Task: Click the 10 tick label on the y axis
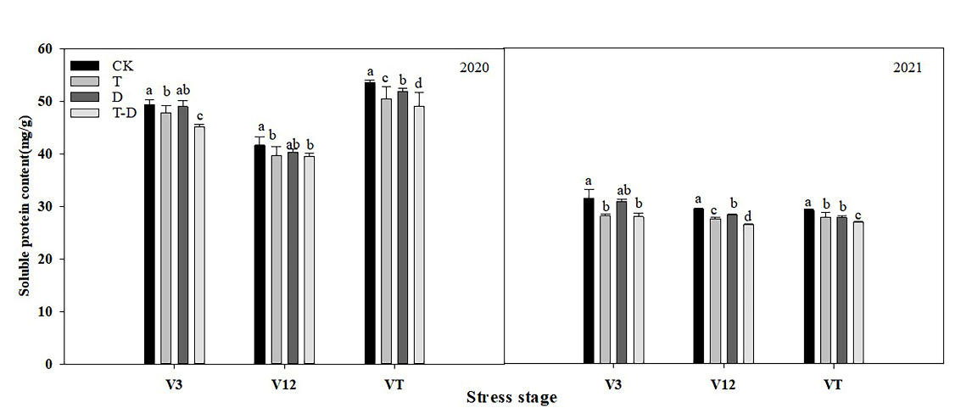47,312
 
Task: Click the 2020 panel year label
474,67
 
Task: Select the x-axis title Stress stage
511,398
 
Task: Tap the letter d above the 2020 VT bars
419,82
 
